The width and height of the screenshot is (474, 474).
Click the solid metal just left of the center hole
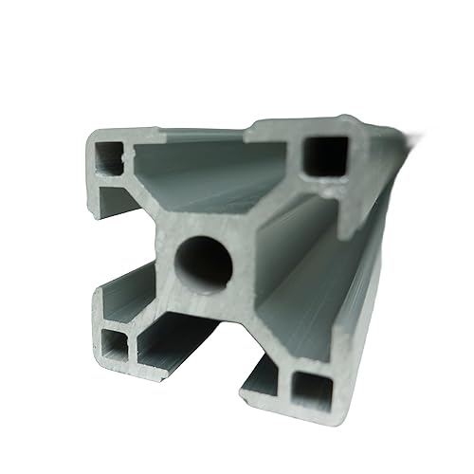[168, 265]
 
